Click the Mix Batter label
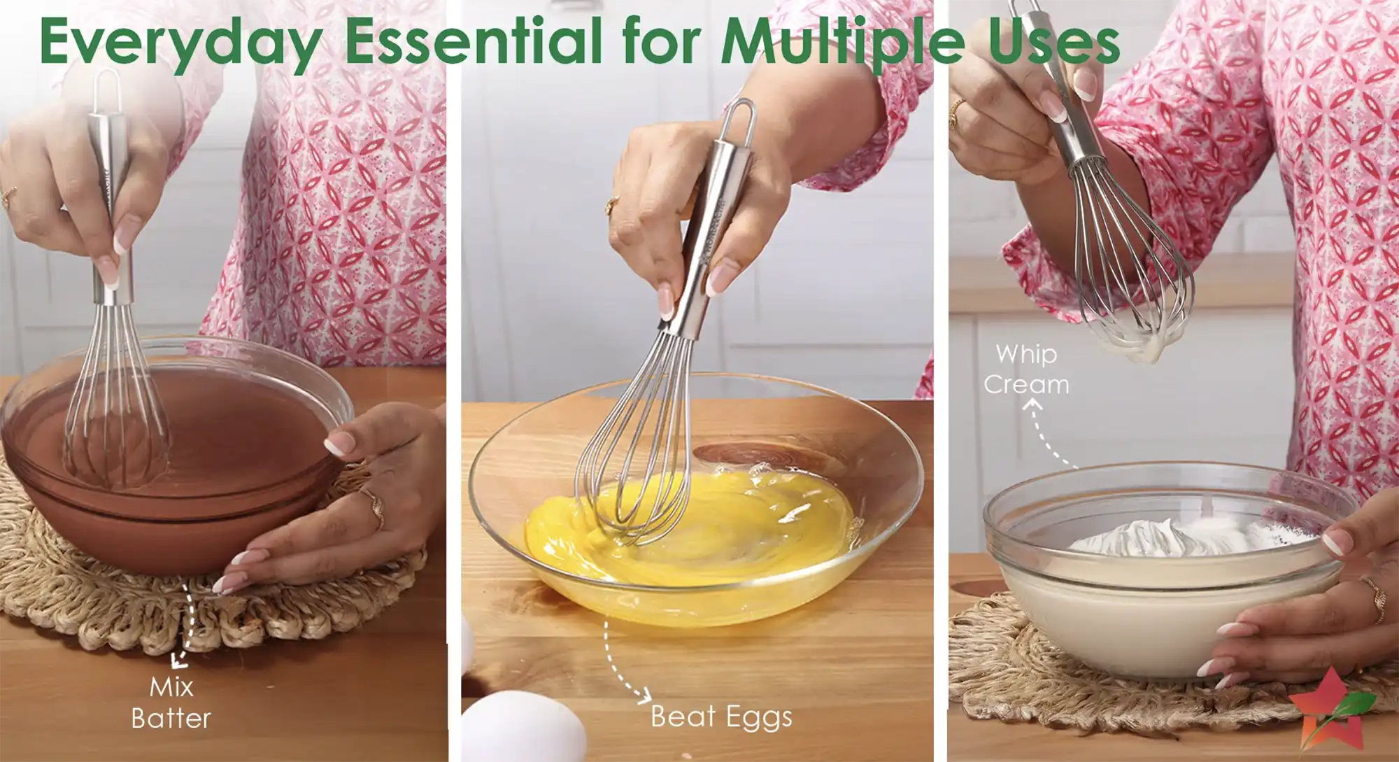pos(171,703)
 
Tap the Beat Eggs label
pos(721,717)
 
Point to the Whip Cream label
pos(1026,369)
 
